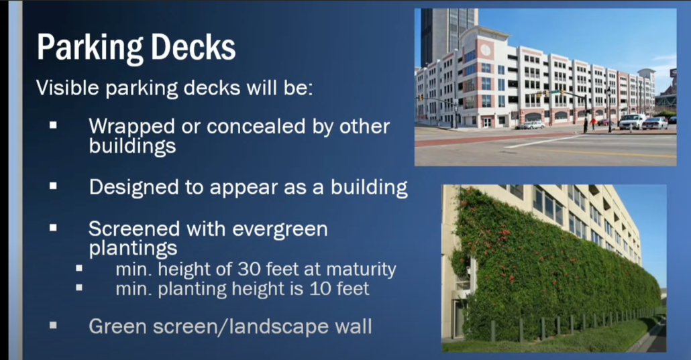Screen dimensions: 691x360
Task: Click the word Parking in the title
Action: coord(90,48)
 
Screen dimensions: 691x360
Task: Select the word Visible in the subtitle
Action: coord(68,87)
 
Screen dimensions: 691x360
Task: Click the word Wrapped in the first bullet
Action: coord(131,127)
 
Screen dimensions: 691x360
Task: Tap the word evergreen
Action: coord(280,229)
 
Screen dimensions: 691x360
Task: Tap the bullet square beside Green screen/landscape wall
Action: coord(53,326)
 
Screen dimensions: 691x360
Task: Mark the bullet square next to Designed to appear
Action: coord(53,186)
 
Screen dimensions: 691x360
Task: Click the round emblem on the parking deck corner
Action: coord(486,50)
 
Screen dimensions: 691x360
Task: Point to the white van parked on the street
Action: coord(632,121)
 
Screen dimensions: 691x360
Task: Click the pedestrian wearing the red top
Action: coord(593,123)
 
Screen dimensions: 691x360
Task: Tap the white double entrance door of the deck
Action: coord(486,122)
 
